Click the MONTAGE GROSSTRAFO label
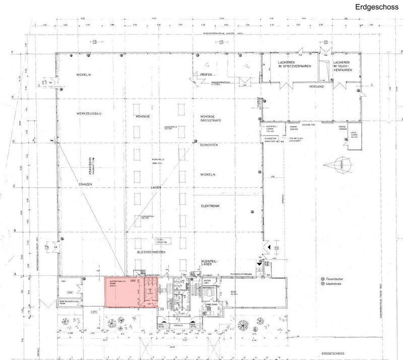tap(206, 118)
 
